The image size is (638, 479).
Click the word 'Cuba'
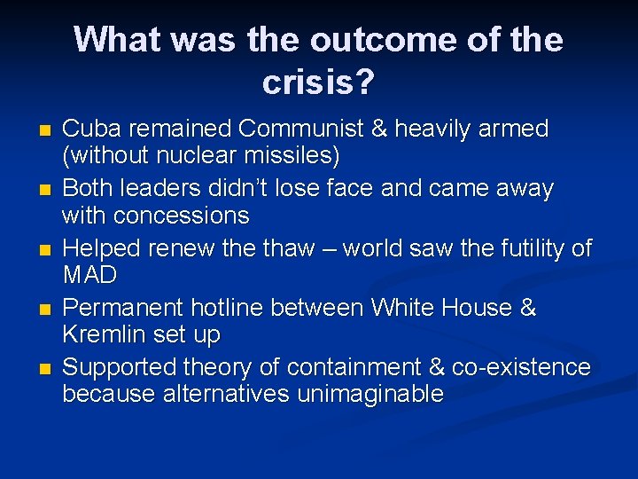coord(87,130)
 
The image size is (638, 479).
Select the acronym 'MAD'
coord(89,276)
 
